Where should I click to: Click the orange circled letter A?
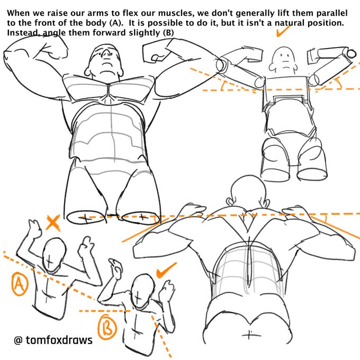click(20, 284)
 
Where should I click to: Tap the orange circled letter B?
click(107, 327)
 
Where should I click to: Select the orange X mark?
click(53, 222)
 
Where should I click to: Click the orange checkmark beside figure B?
click(166, 271)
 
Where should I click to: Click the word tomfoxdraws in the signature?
click(59, 340)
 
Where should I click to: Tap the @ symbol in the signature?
click(18, 340)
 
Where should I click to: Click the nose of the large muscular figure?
click(106, 54)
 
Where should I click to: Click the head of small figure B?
click(143, 292)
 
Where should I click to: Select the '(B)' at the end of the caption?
click(168, 33)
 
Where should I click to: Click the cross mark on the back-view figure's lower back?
click(249, 335)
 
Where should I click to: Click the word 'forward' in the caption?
click(109, 33)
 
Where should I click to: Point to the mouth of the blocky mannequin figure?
click(285, 61)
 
